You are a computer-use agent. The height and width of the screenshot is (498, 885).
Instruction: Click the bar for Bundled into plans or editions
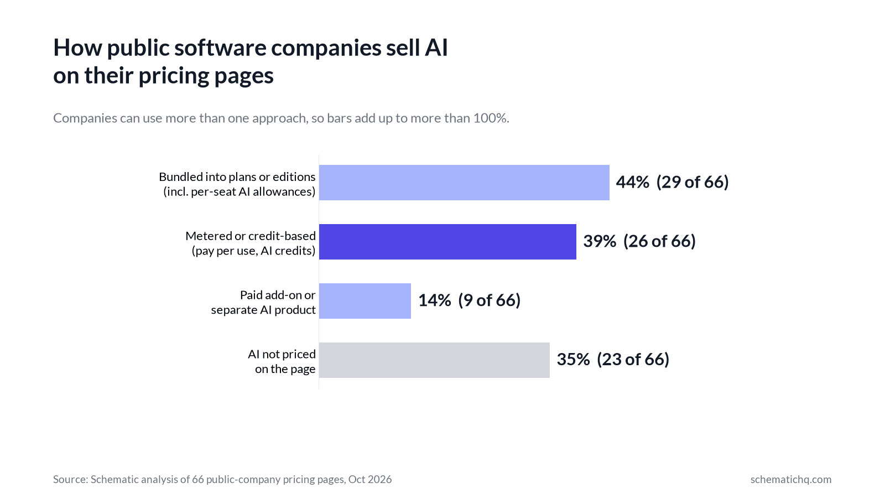464,183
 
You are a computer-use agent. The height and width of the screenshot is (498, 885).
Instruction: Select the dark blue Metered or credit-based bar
447,242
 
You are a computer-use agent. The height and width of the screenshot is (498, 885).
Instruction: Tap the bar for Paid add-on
365,301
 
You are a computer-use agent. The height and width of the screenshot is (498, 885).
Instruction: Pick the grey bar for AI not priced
434,360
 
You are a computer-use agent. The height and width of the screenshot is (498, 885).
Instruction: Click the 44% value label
633,182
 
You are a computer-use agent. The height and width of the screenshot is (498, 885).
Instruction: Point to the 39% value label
600,241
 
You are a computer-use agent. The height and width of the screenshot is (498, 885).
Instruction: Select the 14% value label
435,301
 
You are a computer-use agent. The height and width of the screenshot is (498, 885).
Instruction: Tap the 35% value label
573,360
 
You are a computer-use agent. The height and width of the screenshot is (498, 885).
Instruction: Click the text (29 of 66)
693,182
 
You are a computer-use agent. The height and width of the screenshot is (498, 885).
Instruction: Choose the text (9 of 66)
490,301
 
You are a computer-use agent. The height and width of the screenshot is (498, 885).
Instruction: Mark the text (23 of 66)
633,360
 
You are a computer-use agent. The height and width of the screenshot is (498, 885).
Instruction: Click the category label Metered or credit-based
251,236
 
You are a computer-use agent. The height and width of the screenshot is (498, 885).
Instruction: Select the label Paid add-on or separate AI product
263,302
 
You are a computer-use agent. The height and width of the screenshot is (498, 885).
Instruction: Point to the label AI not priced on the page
282,361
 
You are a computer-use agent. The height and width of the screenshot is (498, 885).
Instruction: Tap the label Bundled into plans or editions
237,177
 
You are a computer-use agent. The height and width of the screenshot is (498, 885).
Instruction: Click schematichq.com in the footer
791,479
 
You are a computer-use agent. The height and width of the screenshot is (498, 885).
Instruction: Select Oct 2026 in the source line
370,479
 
